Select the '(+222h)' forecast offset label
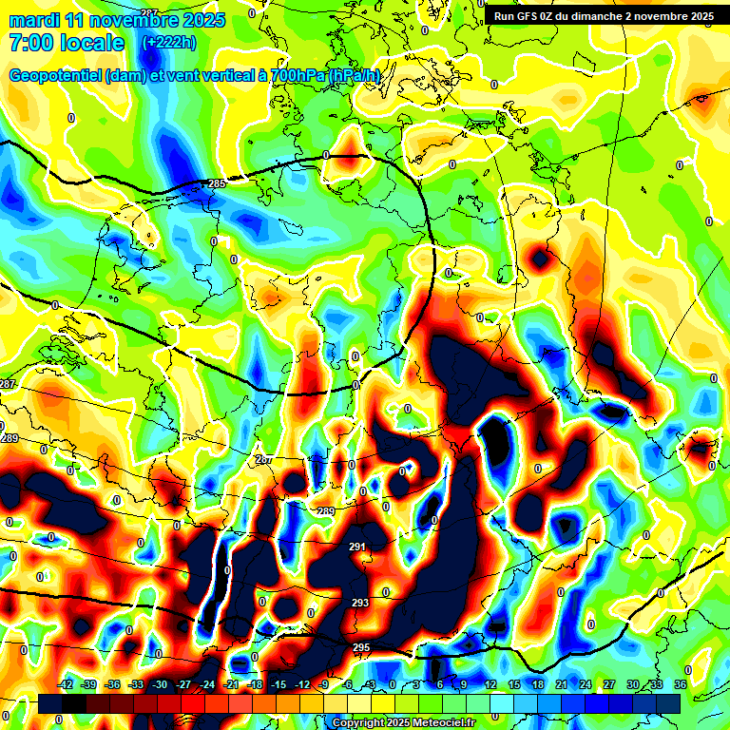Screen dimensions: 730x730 tap(170, 43)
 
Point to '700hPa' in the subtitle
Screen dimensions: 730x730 tap(298, 75)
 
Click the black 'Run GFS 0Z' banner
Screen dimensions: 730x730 tap(604, 16)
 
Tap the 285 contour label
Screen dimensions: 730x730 tap(217, 183)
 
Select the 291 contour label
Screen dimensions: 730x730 tap(358, 547)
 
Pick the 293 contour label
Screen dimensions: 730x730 tap(360, 603)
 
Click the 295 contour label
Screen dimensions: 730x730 tap(361, 647)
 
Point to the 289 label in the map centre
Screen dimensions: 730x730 tap(326, 511)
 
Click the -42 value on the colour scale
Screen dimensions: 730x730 tap(66, 685)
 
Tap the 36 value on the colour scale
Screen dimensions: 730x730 tap(680, 685)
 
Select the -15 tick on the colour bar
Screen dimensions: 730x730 tap(279, 685)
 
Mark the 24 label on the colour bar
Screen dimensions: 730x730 tap(586, 685)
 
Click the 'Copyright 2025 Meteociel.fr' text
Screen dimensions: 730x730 tap(403, 722)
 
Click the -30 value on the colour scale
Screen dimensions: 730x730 tap(160, 685)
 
